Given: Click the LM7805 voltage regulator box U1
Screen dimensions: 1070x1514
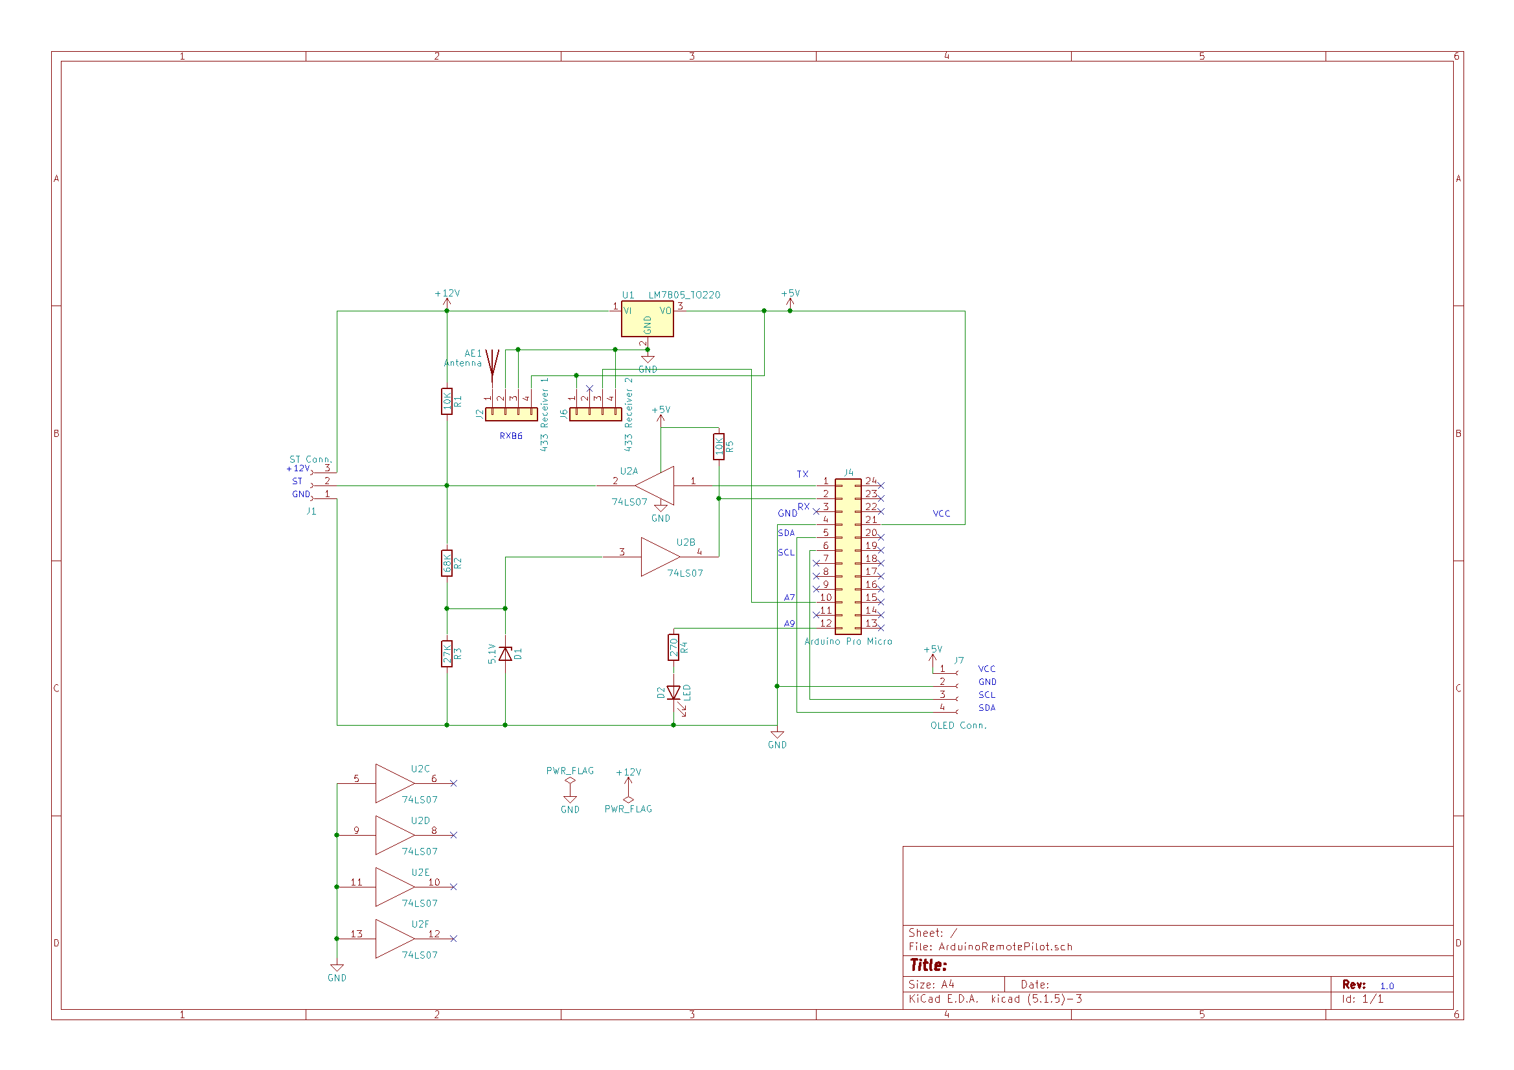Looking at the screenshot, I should click(x=647, y=319).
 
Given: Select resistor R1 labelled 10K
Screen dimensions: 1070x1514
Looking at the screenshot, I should click(x=447, y=401).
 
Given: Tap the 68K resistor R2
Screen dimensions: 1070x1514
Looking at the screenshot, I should click(x=447, y=563).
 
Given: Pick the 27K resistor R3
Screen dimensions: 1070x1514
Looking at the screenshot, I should click(x=447, y=654).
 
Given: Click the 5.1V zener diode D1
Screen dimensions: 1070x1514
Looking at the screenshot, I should click(x=505, y=653).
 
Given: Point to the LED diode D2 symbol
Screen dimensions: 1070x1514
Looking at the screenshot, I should click(x=673, y=692).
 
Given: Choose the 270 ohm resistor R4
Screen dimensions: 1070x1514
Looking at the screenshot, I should click(x=673, y=647).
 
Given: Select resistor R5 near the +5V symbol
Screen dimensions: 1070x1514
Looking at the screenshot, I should click(x=719, y=447).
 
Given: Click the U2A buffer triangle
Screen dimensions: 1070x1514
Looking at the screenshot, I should click(x=655, y=486).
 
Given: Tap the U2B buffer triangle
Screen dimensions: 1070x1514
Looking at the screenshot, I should click(x=659, y=557).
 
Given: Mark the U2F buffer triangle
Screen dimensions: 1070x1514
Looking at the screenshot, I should click(x=394, y=938).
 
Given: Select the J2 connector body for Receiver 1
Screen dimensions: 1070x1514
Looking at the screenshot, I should click(x=511, y=414).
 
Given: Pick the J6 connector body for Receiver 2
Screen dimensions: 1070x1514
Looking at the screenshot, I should click(x=596, y=414).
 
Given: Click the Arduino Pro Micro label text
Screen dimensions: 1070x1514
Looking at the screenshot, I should click(x=848, y=641).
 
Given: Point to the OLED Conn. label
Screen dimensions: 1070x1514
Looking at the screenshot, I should click(x=958, y=725).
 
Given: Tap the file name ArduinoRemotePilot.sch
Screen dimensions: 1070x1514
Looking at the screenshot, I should click(x=1005, y=947).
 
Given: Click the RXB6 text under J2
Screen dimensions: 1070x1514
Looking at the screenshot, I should click(x=511, y=436).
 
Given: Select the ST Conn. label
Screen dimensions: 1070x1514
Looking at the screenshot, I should click(x=311, y=459).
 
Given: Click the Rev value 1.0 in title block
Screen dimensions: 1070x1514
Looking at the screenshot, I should click(x=1386, y=986).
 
